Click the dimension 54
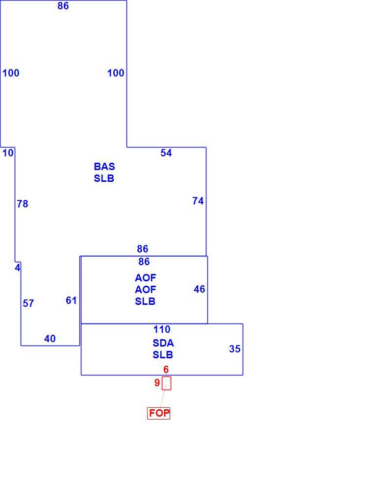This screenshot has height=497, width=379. tap(166, 153)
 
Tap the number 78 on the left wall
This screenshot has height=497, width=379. tap(23, 204)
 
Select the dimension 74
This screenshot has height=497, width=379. tap(198, 201)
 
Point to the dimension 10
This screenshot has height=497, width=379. tap(8, 153)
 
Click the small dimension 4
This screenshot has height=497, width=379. tap(18, 268)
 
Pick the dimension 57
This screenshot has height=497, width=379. tap(28, 304)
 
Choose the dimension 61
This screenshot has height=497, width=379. tap(72, 300)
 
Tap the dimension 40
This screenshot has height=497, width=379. tap(50, 339)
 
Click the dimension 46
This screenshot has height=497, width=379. tap(200, 289)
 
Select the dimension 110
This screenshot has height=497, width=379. tap(162, 330)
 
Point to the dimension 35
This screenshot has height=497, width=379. tap(235, 349)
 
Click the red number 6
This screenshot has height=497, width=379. tap(166, 370)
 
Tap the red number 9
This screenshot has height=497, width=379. tap(157, 383)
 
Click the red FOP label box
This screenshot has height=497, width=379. tap(158, 413)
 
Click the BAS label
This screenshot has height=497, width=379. tap(104, 167)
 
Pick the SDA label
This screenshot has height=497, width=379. tap(163, 343)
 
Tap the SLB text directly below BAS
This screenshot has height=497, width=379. tap(104, 179)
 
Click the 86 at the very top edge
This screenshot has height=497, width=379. tap(63, 6)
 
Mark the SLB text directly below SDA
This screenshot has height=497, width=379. tap(163, 355)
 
